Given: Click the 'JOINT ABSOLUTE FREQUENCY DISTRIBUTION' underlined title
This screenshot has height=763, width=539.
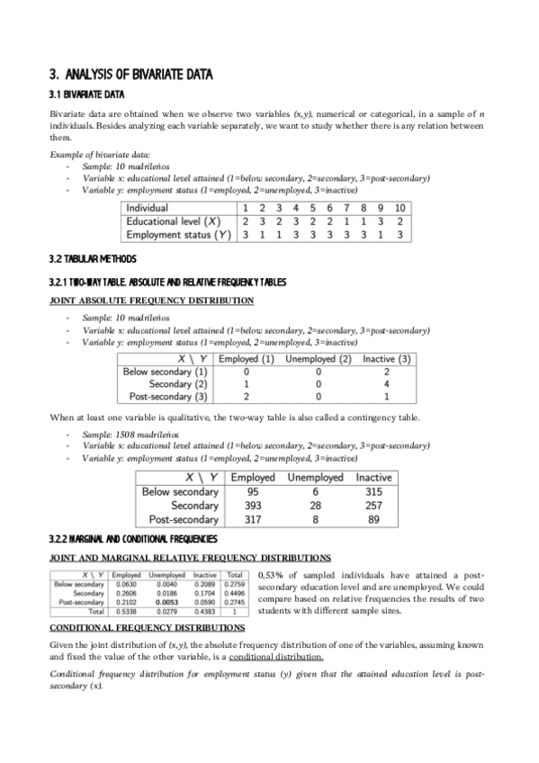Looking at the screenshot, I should [x=150, y=301].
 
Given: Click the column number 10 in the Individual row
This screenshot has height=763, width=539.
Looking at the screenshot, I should [x=400, y=208].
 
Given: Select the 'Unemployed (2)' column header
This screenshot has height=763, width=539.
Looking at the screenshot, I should [x=318, y=359].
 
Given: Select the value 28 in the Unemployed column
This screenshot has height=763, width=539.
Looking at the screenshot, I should [x=314, y=506].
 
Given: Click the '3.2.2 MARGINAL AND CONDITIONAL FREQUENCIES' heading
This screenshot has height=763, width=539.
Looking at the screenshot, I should [x=132, y=539].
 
